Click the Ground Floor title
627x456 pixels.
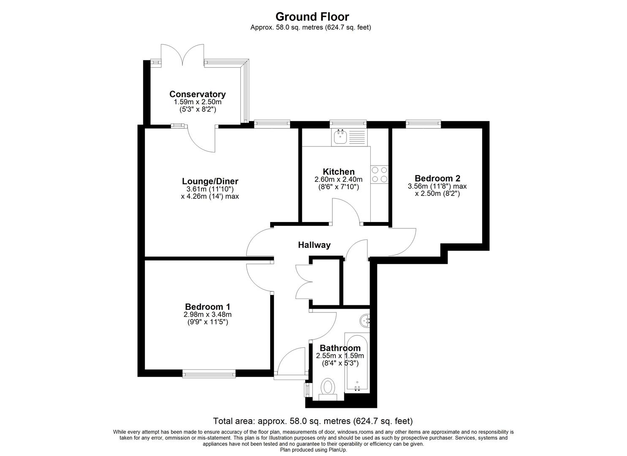tap(312, 17)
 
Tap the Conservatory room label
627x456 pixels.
tap(197, 94)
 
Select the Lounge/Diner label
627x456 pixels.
tap(210, 181)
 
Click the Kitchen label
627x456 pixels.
tap(339, 171)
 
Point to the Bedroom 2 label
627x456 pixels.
tap(437, 178)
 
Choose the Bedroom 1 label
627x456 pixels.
tap(207, 307)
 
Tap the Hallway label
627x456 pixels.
tap(314, 245)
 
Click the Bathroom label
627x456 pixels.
tap(340, 348)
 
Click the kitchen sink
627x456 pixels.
tap(349, 137)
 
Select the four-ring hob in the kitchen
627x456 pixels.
tap(379, 174)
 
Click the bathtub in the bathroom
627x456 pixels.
tap(357, 363)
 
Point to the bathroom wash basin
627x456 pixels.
tap(365, 320)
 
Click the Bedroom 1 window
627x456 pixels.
tap(209, 373)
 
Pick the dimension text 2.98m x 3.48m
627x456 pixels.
tap(207, 315)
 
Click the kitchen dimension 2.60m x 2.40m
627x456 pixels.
tap(339, 179)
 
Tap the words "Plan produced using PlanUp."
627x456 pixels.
tap(313, 450)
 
